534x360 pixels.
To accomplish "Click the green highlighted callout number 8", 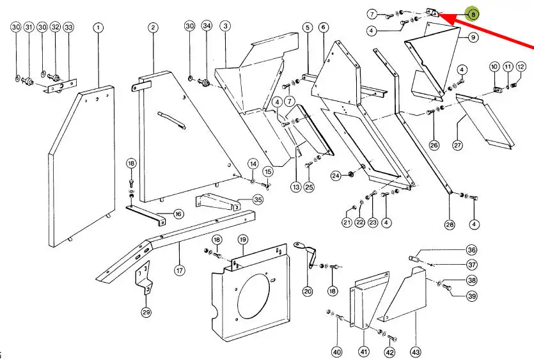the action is pos(473,14).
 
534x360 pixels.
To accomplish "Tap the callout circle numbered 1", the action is pos(98,27).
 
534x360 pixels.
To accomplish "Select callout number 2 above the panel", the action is pos(153,27).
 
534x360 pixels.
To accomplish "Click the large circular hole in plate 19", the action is pos(253,295).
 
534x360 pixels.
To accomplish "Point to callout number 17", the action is pos(180,270).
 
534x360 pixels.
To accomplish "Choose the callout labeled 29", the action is pos(146,312).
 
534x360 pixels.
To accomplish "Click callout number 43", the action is pos(416,352).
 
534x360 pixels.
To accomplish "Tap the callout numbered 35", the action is pos(258,200).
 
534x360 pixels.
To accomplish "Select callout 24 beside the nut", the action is pos(336,176).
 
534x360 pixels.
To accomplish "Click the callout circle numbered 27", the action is pos(457,145).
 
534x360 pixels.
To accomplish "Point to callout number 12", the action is pos(521,67).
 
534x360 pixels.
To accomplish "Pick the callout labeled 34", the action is pos(207,26).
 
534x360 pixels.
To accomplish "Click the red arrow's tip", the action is pos(439,13).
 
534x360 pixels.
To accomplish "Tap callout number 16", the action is pos(178,214).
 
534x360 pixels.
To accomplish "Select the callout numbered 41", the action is pos(364,352).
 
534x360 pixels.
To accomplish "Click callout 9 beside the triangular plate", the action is pos(473,37).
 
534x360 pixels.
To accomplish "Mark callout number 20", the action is pos(308,291).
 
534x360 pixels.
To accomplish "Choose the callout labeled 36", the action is pos(471,250).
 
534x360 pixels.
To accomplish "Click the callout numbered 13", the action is pos(296,187).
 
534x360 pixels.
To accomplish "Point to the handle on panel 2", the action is pos(171,120).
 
